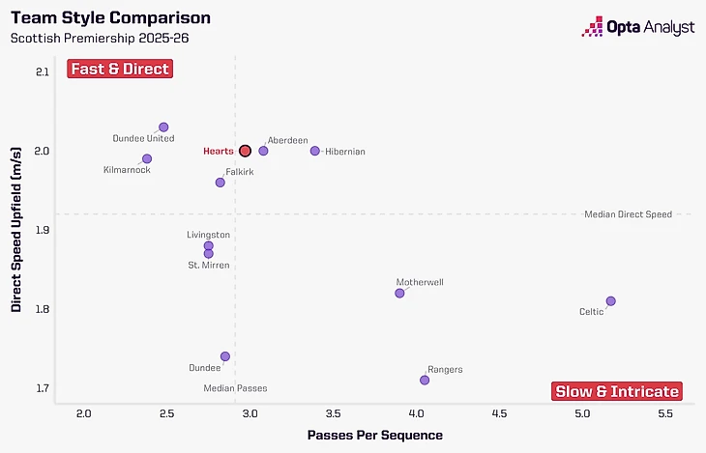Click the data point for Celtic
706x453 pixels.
[610, 301]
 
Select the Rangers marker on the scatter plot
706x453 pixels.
[425, 380]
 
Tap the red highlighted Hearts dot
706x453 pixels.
[245, 151]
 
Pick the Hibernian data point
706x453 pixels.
[314, 151]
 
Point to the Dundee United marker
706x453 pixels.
[163, 127]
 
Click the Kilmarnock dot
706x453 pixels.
[147, 158]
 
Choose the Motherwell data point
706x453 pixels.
[399, 293]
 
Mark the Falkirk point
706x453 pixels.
[220, 182]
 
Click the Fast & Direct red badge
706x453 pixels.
[120, 69]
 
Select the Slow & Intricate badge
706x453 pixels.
[617, 391]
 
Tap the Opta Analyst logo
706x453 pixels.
[637, 27]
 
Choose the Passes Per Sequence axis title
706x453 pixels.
[375, 436]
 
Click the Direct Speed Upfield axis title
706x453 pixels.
[16, 230]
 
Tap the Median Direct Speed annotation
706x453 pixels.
[628, 214]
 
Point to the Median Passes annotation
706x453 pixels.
[235, 388]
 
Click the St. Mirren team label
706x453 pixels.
[209, 265]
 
